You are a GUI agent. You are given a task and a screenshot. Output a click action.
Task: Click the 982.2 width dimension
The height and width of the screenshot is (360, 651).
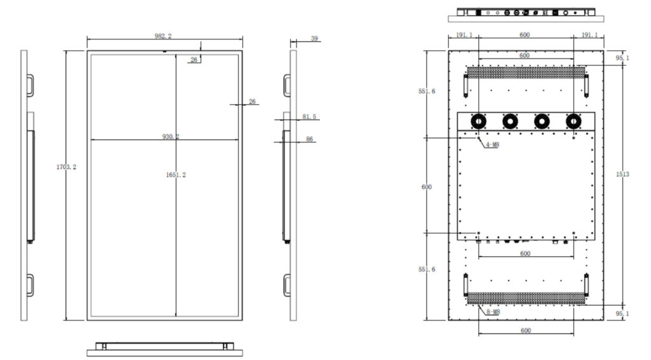pyautogui.click(x=163, y=36)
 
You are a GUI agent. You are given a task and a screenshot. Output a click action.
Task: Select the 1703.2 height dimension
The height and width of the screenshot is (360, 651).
pyautogui.click(x=66, y=167)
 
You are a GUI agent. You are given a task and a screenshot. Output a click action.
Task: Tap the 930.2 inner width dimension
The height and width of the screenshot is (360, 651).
pyautogui.click(x=170, y=136)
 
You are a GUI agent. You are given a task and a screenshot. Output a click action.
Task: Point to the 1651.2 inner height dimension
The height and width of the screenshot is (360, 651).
pyautogui.click(x=176, y=175)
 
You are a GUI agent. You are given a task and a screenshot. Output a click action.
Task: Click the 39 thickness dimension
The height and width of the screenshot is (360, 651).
pyautogui.click(x=314, y=39)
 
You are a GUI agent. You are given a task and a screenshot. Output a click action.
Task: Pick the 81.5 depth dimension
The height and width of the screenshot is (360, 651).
pyautogui.click(x=310, y=116)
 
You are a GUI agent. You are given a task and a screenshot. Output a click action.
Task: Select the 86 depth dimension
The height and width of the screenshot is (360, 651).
pyautogui.click(x=310, y=139)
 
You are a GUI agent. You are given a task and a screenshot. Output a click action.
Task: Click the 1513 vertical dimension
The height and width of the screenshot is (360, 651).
pyautogui.click(x=622, y=174)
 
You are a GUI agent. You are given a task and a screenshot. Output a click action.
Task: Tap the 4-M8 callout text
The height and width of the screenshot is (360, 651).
pyautogui.click(x=493, y=144)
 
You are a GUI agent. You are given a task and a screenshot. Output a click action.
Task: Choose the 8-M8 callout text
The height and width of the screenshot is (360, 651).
pyautogui.click(x=493, y=312)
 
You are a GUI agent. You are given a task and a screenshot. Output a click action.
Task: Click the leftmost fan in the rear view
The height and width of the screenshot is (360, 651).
pyautogui.click(x=478, y=121)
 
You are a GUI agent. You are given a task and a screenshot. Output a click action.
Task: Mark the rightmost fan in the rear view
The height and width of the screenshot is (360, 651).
pyautogui.click(x=573, y=121)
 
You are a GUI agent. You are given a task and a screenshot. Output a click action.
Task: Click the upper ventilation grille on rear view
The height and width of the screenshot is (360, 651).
pyautogui.click(x=526, y=73)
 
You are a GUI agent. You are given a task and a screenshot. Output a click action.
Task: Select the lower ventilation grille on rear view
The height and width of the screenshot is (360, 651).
pyautogui.click(x=526, y=298)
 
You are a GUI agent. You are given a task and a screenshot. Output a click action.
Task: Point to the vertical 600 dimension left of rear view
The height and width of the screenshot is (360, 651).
pyautogui.click(x=427, y=187)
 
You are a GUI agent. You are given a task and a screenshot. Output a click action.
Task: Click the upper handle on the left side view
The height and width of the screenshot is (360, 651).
pyautogui.click(x=31, y=85)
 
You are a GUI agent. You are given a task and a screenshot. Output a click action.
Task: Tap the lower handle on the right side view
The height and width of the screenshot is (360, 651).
pyautogui.click(x=287, y=285)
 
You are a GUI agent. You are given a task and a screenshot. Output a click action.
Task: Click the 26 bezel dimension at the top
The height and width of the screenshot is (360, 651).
pyautogui.click(x=194, y=60)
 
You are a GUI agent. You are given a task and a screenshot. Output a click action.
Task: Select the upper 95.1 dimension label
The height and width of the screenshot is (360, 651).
pyautogui.click(x=622, y=58)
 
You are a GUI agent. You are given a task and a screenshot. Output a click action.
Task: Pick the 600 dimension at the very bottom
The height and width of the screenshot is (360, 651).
pyautogui.click(x=526, y=331)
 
